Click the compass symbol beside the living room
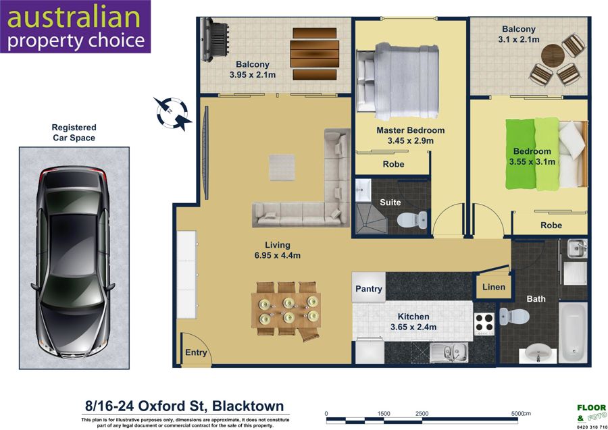[x=172, y=113]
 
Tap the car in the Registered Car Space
[x=73, y=263]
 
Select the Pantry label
[x=369, y=289]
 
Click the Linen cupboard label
[x=494, y=287]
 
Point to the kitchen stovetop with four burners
[x=484, y=324]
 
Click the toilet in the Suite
[x=412, y=219]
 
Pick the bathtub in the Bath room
[x=573, y=332]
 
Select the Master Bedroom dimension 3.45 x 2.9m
[x=411, y=141]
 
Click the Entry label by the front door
[x=196, y=352]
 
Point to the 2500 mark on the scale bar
[x=422, y=413]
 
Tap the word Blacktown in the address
[x=248, y=406]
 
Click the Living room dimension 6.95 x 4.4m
[x=277, y=255]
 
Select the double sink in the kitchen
[x=449, y=352]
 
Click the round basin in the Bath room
[x=538, y=352]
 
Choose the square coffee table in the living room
[x=282, y=167]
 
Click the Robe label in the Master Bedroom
[x=394, y=164]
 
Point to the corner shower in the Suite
[x=371, y=219]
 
